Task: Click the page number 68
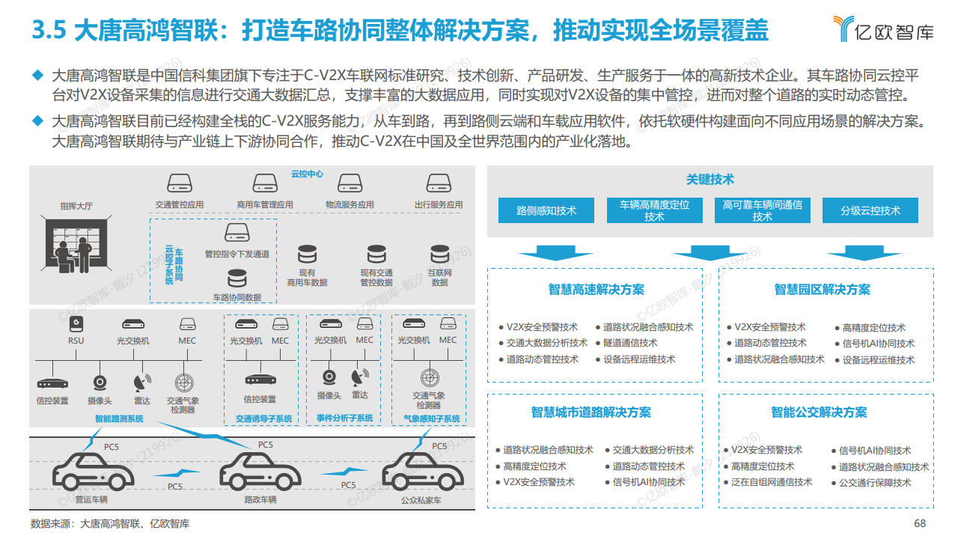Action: [920, 523]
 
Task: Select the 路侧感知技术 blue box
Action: [546, 210]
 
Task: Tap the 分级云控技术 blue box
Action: [870, 210]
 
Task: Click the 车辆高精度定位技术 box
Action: [654, 210]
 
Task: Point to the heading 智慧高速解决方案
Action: [596, 290]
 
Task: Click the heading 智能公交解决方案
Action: [819, 412]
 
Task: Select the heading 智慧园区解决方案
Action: [822, 290]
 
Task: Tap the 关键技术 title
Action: [710, 180]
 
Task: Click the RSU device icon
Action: [76, 323]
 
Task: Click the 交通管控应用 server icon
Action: [180, 183]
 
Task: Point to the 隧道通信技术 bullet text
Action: [630, 343]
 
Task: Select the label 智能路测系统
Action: [118, 418]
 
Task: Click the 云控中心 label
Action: [307, 174]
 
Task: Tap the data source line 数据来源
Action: [110, 523]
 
